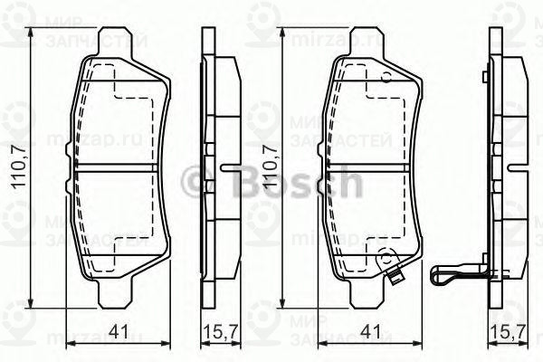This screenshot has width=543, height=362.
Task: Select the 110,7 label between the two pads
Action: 269,164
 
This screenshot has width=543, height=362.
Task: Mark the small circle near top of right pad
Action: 387,78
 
